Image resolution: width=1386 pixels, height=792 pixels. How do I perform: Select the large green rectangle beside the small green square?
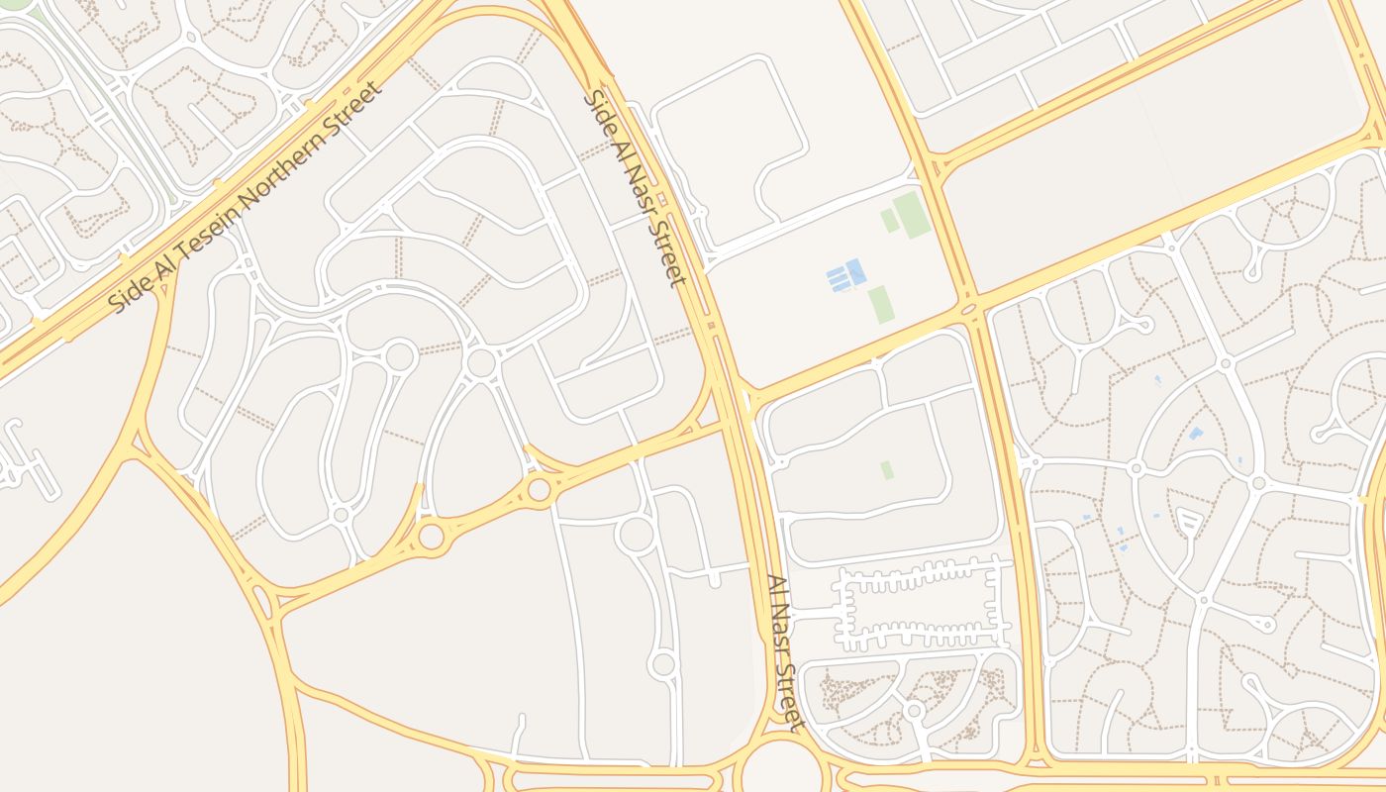[912, 215]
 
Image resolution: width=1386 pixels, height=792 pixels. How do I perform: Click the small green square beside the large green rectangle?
[890, 221]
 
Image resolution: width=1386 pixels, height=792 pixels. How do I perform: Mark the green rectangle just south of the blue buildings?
[881, 305]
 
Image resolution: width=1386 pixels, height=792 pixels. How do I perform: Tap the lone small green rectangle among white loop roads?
[886, 469]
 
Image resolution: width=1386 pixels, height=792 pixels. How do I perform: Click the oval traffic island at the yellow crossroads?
[969, 310]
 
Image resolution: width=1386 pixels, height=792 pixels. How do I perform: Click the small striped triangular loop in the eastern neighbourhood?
[1189, 521]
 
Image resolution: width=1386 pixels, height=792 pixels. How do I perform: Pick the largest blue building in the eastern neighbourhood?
[1196, 433]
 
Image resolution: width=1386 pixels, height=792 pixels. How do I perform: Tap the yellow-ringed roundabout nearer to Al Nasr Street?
[539, 489]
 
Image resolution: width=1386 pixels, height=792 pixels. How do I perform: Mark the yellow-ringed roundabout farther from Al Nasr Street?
[432, 537]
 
